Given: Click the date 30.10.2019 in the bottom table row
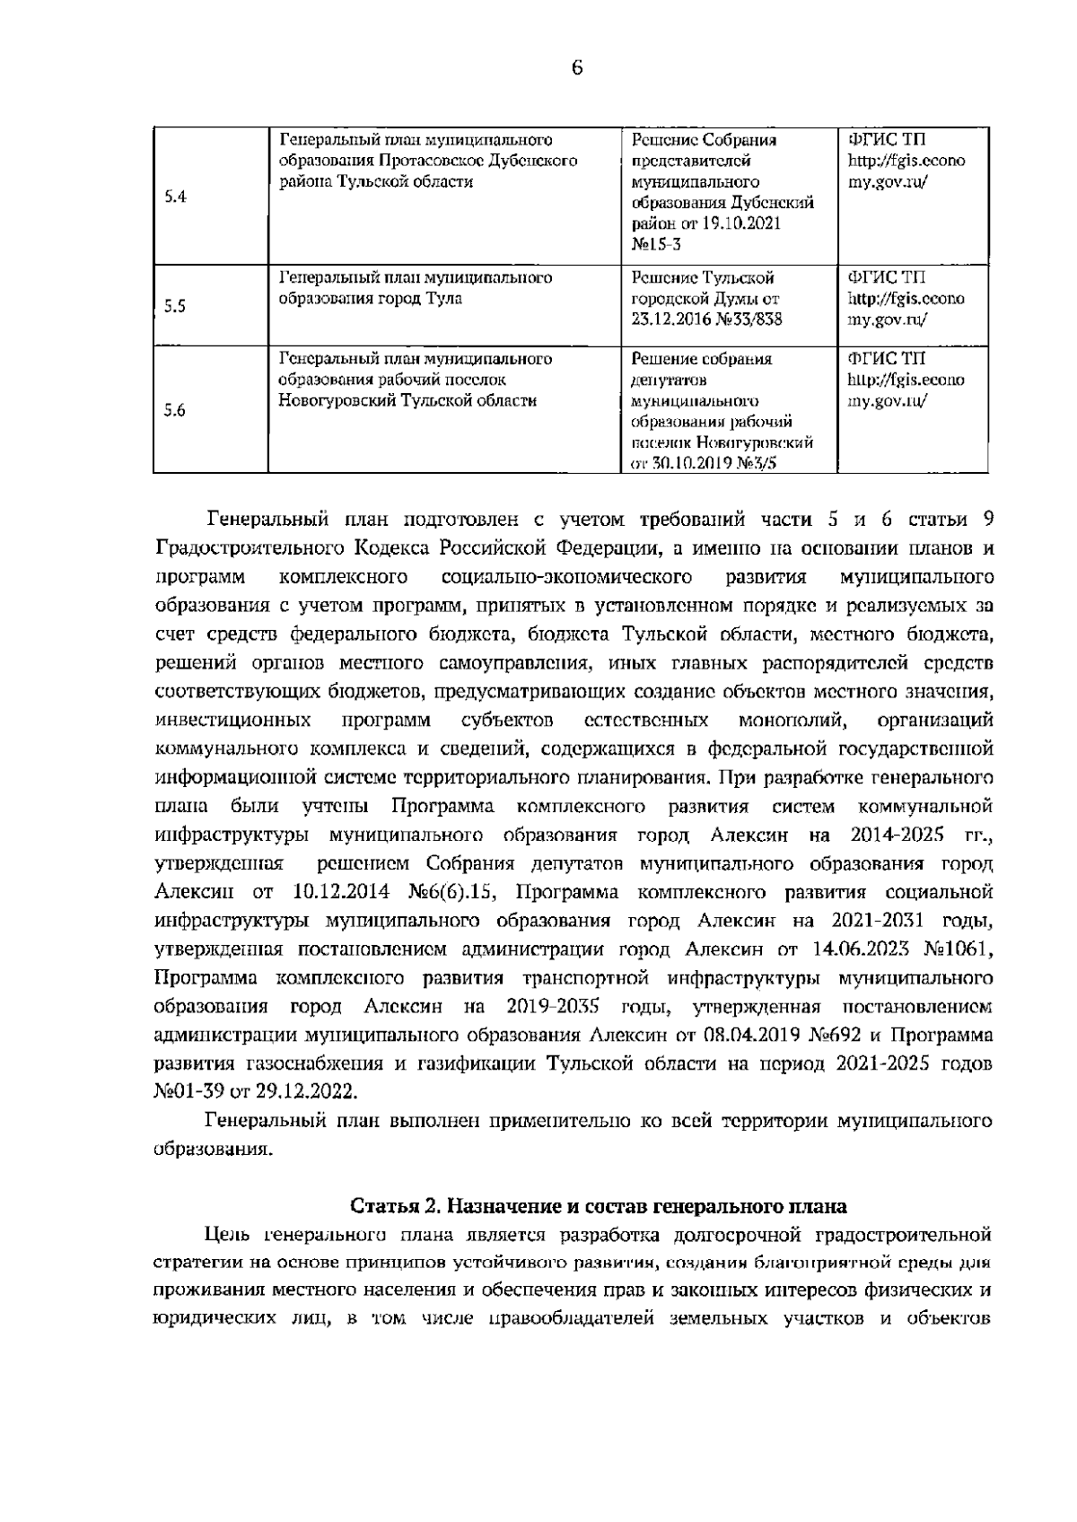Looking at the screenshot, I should click(x=686, y=464).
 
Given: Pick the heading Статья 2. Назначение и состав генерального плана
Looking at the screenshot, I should click(x=598, y=1204).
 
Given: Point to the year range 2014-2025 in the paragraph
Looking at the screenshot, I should click(x=892, y=835).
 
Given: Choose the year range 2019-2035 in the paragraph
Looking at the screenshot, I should click(x=552, y=1005).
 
